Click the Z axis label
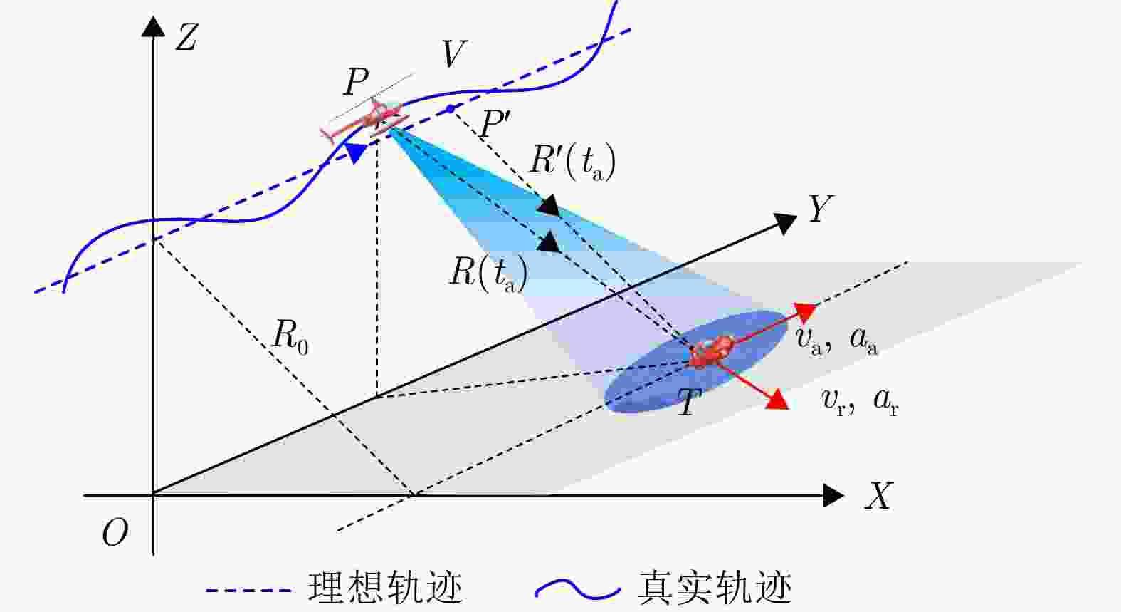coord(186,37)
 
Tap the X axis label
coord(879,495)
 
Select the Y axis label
coord(819,209)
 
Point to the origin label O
coord(115,532)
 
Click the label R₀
coord(290,336)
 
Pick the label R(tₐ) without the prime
coord(488,273)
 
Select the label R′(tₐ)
coord(572,162)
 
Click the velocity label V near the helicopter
coord(453,54)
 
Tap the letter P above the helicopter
coord(356,82)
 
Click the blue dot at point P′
coord(450,109)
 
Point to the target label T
coord(688,404)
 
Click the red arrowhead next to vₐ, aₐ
coord(804,312)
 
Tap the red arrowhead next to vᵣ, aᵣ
coord(777,400)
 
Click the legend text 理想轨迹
coord(385,588)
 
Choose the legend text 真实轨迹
coord(715,588)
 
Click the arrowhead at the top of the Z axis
coord(154,26)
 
